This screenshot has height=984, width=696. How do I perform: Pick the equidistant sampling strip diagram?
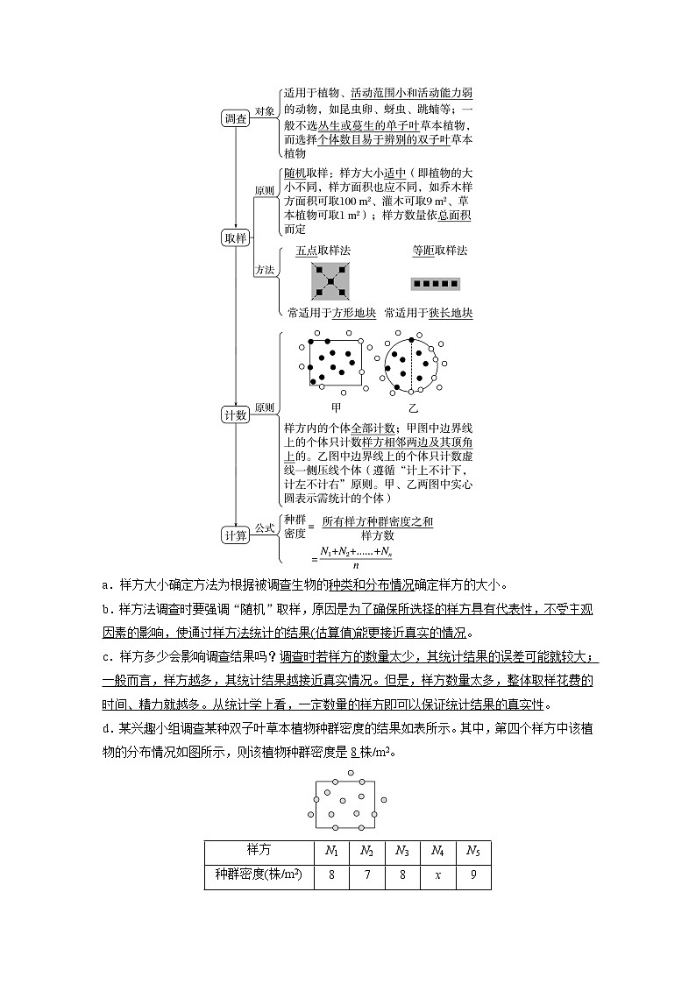(435, 284)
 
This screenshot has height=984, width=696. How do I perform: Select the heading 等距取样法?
(440, 251)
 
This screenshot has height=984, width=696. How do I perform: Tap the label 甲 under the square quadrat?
(336, 408)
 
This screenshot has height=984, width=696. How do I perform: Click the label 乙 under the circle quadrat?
(413, 408)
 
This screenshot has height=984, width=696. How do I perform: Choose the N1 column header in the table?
(331, 851)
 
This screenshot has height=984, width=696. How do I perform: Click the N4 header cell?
(437, 851)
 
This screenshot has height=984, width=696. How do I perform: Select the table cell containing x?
(437, 875)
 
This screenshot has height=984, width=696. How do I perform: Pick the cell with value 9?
(473, 875)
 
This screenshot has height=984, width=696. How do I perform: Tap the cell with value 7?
(367, 875)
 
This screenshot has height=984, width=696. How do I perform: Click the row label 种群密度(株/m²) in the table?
(259, 875)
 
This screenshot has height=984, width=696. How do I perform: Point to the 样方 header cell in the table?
(259, 851)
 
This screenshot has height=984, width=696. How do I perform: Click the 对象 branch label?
(264, 111)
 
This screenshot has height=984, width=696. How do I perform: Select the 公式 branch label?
(264, 528)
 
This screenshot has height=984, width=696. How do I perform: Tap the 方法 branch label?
(264, 270)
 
